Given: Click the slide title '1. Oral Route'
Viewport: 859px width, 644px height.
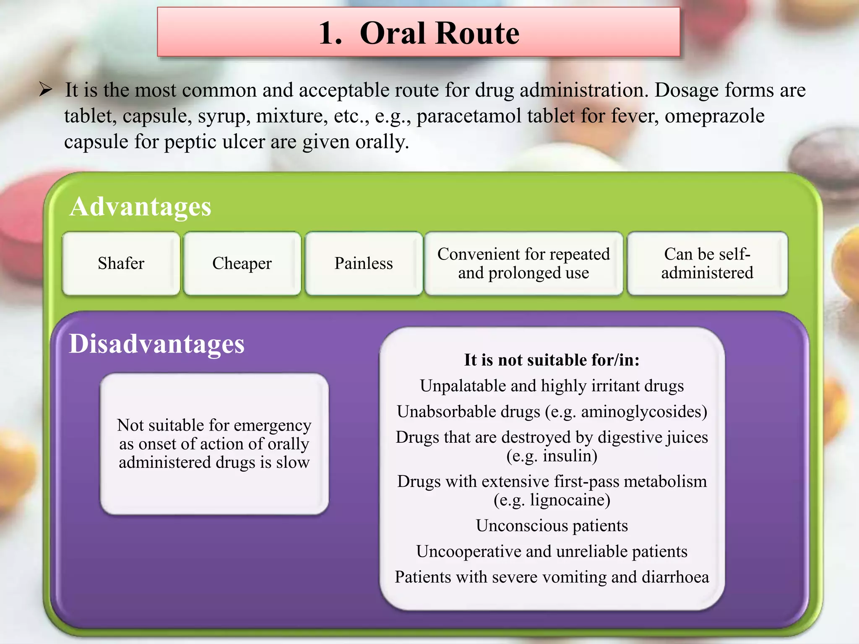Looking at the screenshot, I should click(x=419, y=33).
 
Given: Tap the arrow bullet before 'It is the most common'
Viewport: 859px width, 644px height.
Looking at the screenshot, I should click(x=45, y=89).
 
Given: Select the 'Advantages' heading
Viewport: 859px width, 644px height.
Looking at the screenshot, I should click(x=141, y=207).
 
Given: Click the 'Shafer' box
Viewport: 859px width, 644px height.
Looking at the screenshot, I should click(x=121, y=263).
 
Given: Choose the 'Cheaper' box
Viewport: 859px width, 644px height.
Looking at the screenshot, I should click(x=242, y=263).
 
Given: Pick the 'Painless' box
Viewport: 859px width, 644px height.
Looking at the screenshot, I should click(x=363, y=263).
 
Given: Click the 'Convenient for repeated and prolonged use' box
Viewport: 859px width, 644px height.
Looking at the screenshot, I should click(x=523, y=263).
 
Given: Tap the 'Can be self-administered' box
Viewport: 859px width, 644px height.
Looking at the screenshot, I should click(x=707, y=263).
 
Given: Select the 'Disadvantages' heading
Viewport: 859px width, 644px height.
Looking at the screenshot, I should click(x=156, y=344).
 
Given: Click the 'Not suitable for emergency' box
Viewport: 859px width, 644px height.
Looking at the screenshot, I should click(x=214, y=444).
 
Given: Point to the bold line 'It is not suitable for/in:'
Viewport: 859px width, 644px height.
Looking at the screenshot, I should click(x=552, y=360).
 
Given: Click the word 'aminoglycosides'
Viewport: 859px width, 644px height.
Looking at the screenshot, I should click(x=640, y=412).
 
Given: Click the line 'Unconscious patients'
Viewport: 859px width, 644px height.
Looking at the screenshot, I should click(x=552, y=526).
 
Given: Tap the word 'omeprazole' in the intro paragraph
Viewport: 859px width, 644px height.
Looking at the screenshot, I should click(x=714, y=116).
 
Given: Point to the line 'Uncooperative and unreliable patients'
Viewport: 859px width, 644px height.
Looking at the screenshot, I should click(x=552, y=551).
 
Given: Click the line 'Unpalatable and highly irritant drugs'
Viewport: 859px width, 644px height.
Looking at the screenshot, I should click(x=552, y=386).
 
